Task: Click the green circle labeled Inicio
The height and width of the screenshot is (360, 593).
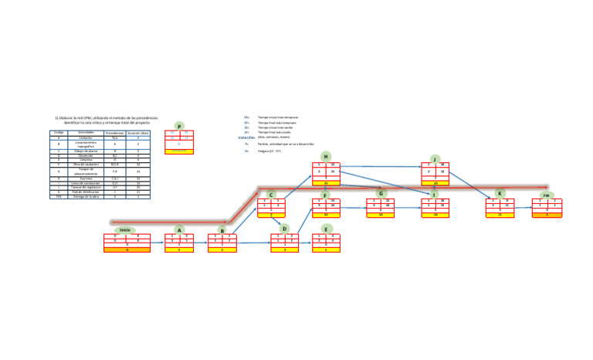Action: tap(125, 230)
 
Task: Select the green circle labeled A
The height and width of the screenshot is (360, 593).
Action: tap(179, 230)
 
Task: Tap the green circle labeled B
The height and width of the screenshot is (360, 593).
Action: tap(222, 230)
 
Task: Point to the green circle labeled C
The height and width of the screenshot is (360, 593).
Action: tap(271, 195)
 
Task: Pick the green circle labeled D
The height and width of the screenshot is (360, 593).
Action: tap(284, 229)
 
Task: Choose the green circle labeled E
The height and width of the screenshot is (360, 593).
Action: tap(326, 229)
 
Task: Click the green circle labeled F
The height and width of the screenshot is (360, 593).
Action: tap(326, 195)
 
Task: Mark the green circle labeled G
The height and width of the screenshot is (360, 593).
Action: tap(381, 193)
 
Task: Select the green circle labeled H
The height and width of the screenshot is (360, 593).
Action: tap(326, 157)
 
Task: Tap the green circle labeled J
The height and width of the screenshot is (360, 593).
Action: tap(435, 159)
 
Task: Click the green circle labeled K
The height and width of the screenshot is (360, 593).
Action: tap(500, 194)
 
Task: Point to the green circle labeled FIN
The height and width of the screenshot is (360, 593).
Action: tap(546, 195)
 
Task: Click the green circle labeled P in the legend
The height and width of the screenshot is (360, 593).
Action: tap(179, 126)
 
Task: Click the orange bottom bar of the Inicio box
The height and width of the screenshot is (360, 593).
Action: tap(127, 250)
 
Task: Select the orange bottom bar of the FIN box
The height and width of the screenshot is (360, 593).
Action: tap(547, 215)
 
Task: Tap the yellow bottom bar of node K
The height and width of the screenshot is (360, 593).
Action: tap(500, 215)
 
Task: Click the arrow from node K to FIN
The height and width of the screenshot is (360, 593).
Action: tap(523, 207)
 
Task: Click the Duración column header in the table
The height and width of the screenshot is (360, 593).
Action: tap(137, 133)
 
